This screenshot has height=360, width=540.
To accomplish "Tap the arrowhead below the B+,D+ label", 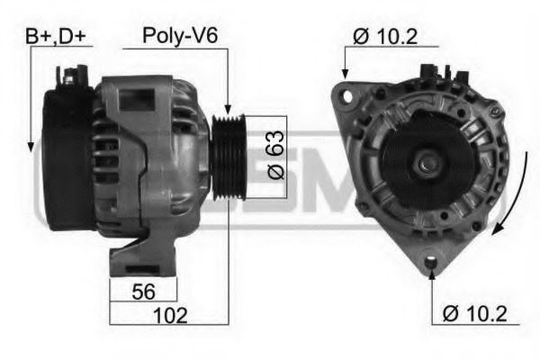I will tap(31, 143).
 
